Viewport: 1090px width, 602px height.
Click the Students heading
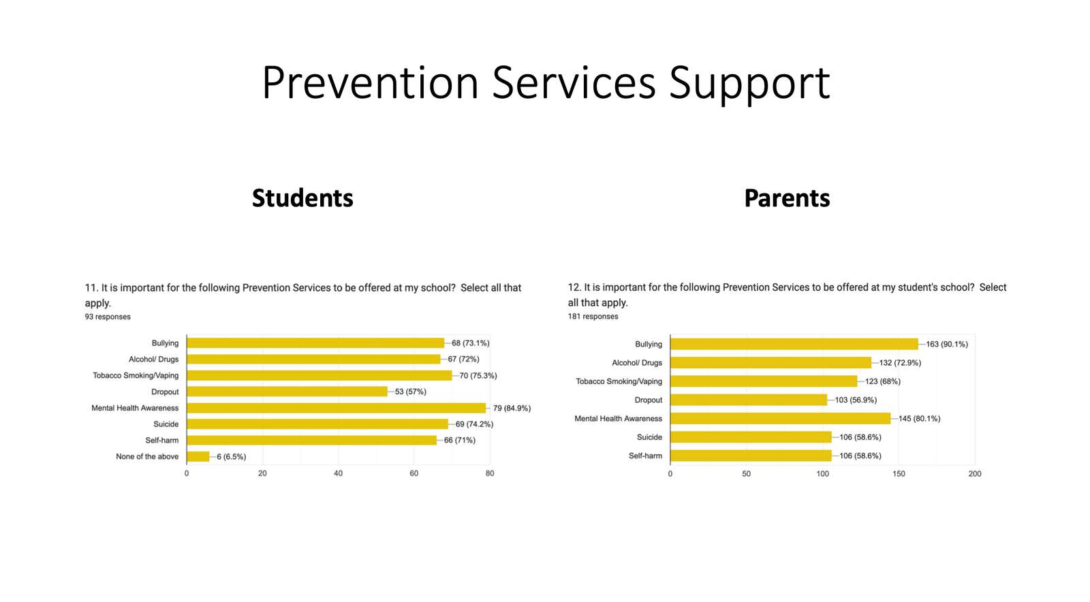coord(302,198)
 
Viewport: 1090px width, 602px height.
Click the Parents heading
coord(787,198)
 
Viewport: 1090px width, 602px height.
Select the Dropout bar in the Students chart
coord(287,392)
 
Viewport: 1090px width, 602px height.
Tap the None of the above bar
coord(198,456)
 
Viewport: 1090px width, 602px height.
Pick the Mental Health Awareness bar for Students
coord(337,408)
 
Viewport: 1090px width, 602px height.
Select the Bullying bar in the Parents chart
coord(794,345)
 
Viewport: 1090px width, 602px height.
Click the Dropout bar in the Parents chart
coord(749,400)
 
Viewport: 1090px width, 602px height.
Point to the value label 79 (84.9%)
coord(512,408)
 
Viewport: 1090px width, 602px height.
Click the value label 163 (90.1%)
coord(947,345)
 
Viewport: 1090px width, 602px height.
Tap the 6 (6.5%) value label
coord(232,456)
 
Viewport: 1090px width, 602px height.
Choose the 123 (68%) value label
coord(883,381)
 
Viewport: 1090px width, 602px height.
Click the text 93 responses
coord(108,317)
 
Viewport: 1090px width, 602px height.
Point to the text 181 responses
coord(593,317)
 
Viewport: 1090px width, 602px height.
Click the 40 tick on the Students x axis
coord(338,473)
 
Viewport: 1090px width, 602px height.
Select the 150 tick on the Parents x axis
coord(899,474)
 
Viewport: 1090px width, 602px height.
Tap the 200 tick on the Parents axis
coord(975,474)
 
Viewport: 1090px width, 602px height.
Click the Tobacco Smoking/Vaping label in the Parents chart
coord(619,382)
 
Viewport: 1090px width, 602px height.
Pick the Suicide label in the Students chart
coord(166,424)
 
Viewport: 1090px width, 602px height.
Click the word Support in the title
coord(749,84)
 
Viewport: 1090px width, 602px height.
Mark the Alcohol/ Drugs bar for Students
coord(314,360)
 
